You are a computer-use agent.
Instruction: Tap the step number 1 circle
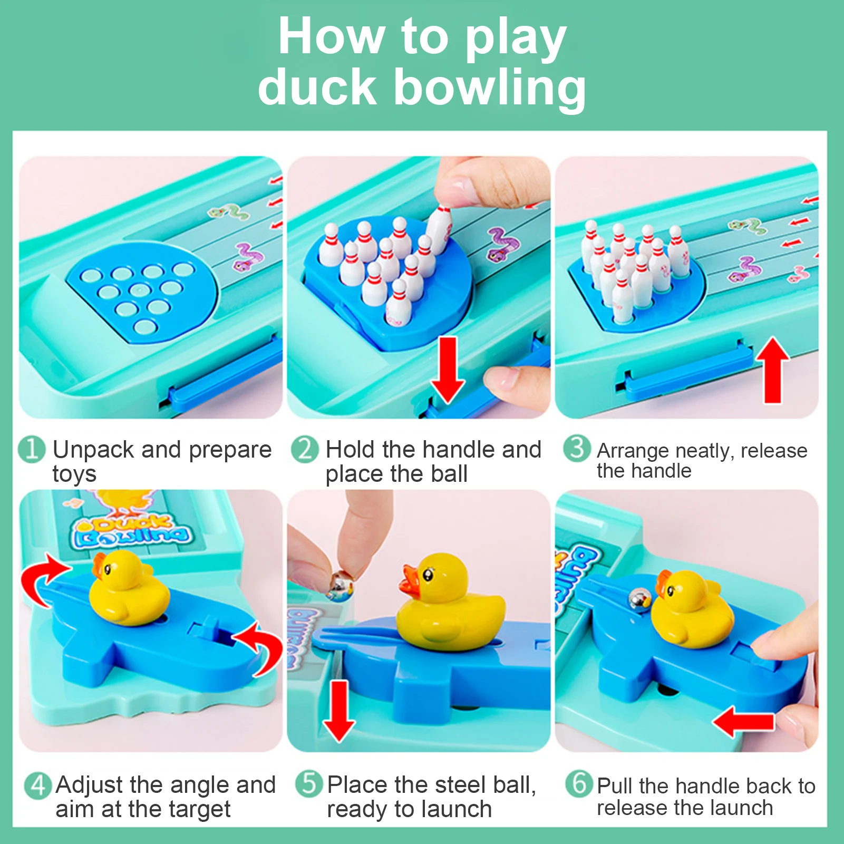(x=31, y=449)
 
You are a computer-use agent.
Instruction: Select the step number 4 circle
(x=38, y=785)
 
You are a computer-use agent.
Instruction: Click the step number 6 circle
(x=579, y=784)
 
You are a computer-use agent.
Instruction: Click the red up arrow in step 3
(x=772, y=369)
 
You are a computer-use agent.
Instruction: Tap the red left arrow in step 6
(x=743, y=722)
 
